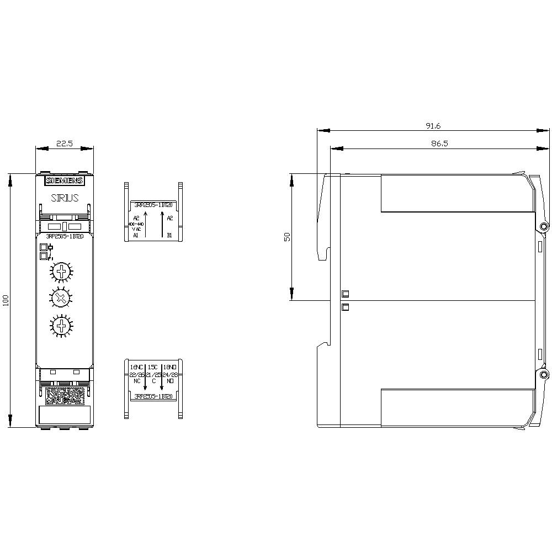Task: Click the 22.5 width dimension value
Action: pos(65,144)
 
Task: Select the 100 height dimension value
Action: pos(6,301)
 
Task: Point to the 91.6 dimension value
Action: pos(433,126)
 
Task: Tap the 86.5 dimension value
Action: pos(433,143)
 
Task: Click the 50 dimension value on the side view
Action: pos(286,237)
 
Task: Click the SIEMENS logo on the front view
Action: pos(64,181)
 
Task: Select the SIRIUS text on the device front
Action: pos(65,198)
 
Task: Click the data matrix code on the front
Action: pos(64,396)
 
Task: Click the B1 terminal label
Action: pos(169,235)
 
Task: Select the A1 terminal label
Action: pos(136,235)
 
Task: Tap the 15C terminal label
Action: pos(153,367)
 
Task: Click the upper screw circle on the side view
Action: pos(544,227)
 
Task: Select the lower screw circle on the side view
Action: pos(544,375)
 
